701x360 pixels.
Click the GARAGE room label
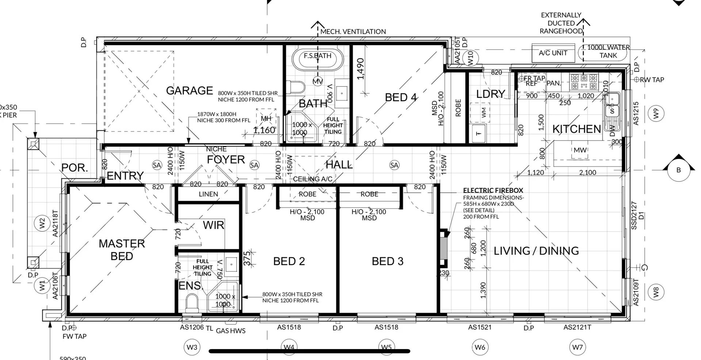[189, 90]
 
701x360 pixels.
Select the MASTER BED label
[122, 250]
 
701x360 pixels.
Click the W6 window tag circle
[480, 347]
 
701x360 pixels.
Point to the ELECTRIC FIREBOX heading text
[493, 190]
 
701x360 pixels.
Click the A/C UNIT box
[553, 53]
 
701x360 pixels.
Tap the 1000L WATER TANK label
[608, 51]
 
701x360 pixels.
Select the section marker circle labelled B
[678, 170]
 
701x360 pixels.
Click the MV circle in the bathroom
[318, 81]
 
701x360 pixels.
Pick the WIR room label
[214, 225]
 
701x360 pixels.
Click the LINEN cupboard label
[208, 194]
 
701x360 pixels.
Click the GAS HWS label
[231, 331]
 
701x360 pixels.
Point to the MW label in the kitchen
[580, 150]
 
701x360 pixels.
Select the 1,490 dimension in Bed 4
[361, 69]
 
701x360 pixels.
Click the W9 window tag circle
[656, 114]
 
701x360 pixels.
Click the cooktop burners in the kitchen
[584, 82]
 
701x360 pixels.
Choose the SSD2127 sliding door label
[634, 215]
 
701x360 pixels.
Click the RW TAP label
[652, 80]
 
